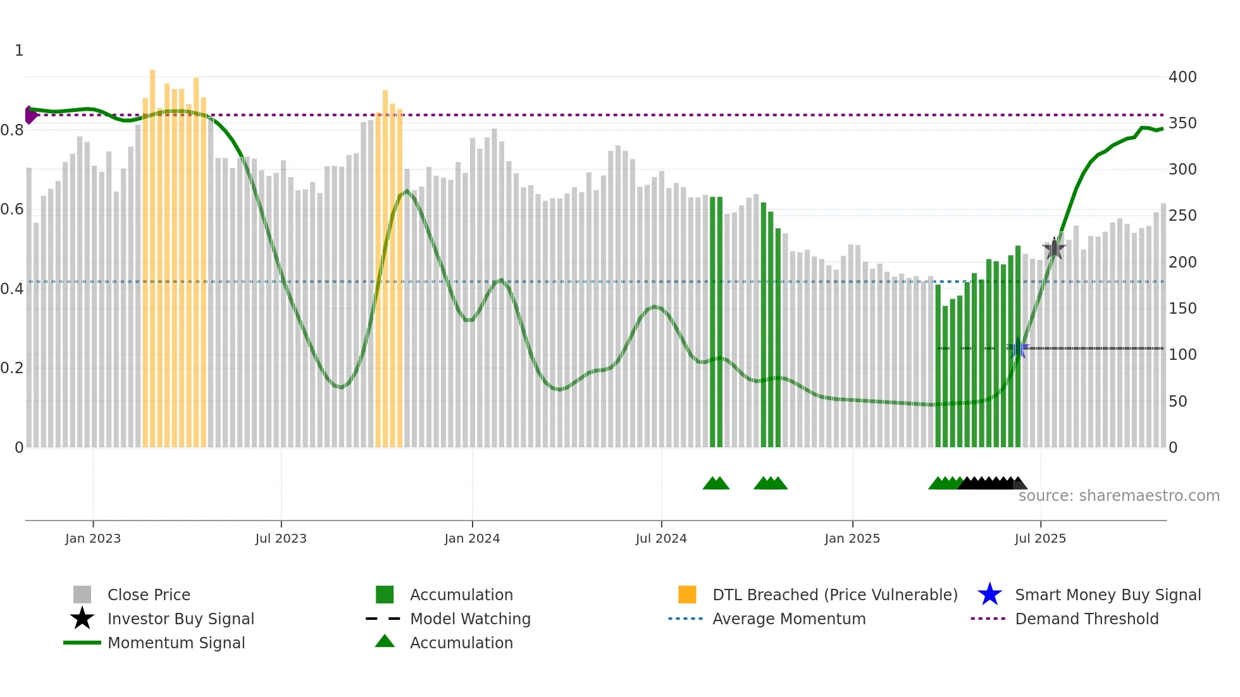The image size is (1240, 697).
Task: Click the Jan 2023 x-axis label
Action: tap(92, 538)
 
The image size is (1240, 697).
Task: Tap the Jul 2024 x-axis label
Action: tap(661, 538)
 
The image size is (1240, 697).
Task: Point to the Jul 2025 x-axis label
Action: tap(1040, 538)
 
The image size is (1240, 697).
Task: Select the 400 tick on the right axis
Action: tap(1182, 77)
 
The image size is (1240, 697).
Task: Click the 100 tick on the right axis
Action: tap(1182, 355)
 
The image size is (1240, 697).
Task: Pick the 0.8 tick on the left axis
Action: tap(12, 130)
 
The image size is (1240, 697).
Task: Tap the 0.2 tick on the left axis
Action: tap(12, 368)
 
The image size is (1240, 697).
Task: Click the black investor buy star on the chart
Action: tap(1054, 249)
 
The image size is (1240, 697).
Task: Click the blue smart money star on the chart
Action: tap(1018, 349)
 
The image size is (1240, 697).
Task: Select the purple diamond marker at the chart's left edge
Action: tap(30, 115)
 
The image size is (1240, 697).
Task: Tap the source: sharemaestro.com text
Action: tap(1119, 496)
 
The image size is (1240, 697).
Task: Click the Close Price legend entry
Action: tap(149, 595)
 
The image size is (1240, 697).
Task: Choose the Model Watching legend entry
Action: tap(470, 619)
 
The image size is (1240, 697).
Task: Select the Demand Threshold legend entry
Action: tap(1086, 619)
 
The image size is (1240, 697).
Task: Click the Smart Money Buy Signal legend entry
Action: tap(1107, 595)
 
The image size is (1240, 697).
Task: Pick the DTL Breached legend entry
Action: tap(834, 595)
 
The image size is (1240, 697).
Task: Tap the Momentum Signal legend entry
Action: tap(176, 643)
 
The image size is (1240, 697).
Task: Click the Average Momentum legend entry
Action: tap(788, 619)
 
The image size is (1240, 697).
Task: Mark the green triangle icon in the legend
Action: tap(385, 641)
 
